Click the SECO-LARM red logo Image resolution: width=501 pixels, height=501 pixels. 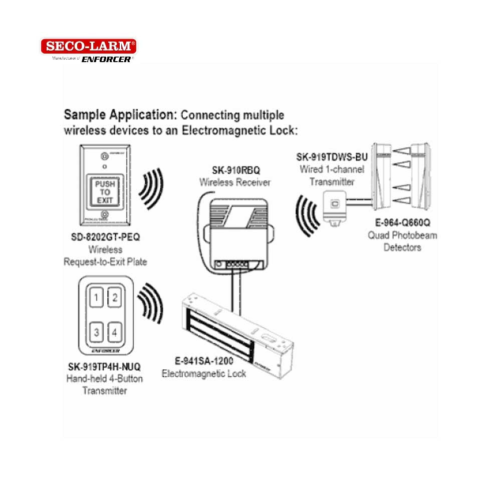coord(88,47)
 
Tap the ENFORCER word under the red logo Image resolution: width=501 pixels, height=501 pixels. coord(107,59)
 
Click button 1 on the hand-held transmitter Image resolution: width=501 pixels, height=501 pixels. coord(96,300)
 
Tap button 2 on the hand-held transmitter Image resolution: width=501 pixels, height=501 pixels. coord(115,299)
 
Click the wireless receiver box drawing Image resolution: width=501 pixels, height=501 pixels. coord(235,230)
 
